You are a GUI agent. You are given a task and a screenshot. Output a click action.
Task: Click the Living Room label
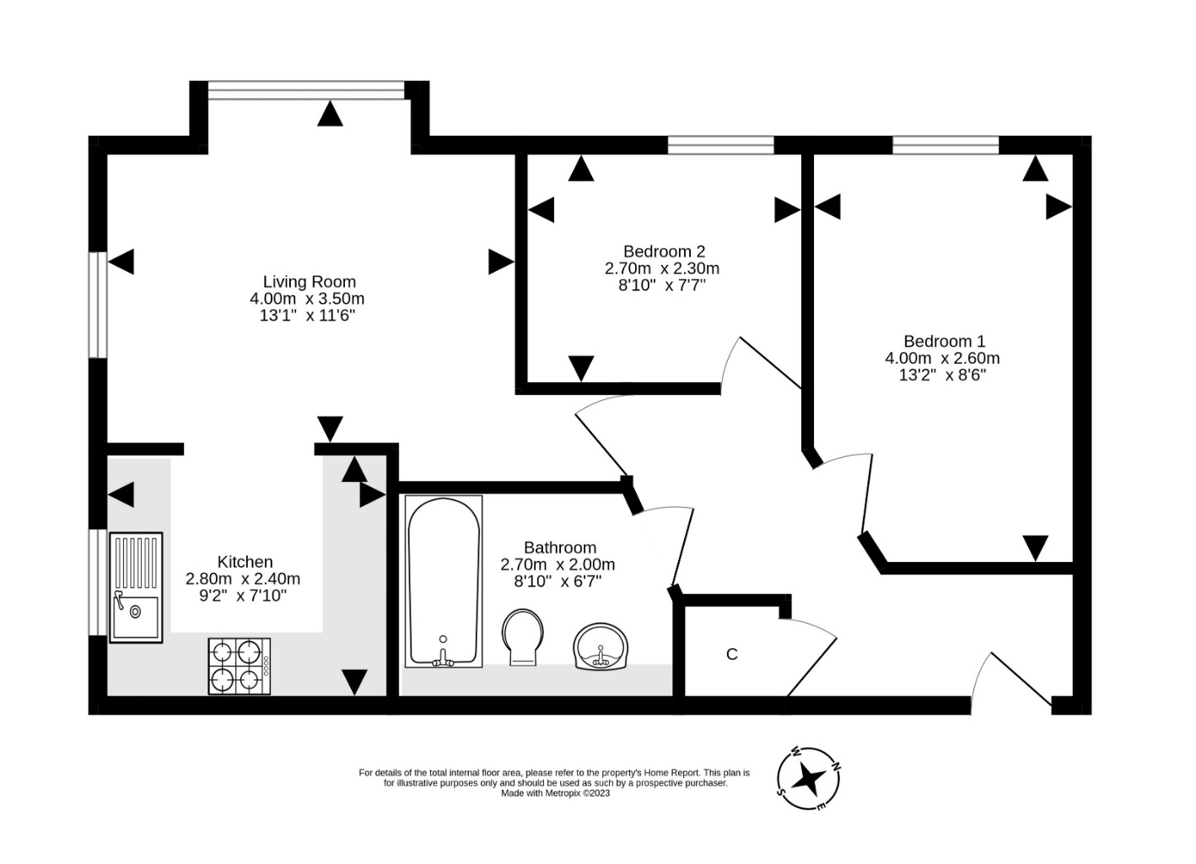pyautogui.click(x=309, y=282)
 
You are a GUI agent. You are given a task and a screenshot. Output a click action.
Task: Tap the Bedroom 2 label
pyautogui.click(x=663, y=251)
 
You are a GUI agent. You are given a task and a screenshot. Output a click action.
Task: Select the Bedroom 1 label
pyautogui.click(x=944, y=342)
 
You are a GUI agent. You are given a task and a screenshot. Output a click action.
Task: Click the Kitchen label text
pyautogui.click(x=245, y=562)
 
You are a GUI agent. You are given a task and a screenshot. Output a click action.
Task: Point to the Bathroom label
pyautogui.click(x=559, y=548)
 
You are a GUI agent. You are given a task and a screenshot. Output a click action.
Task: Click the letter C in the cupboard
pyautogui.click(x=732, y=655)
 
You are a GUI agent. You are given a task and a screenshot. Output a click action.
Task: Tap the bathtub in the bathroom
pyautogui.click(x=444, y=582)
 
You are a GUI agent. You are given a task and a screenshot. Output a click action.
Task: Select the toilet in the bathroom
pyautogui.click(x=523, y=637)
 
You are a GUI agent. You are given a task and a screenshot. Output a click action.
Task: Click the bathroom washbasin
pyautogui.click(x=601, y=648)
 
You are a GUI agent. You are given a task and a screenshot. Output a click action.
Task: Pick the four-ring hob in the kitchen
pyautogui.click(x=240, y=667)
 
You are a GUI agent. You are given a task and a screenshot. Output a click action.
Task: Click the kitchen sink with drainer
pyautogui.click(x=135, y=587)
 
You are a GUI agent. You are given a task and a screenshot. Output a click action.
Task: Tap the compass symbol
pyautogui.click(x=808, y=778)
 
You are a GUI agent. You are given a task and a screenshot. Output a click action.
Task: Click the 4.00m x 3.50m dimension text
pyautogui.click(x=307, y=299)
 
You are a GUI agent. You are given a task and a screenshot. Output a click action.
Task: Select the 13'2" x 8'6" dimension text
pyautogui.click(x=942, y=375)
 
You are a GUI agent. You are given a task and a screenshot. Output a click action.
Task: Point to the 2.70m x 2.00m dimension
pyautogui.click(x=558, y=564)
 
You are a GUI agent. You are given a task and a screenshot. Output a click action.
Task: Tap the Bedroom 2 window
pyautogui.click(x=720, y=145)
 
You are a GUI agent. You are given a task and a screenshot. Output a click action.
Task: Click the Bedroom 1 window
pyautogui.click(x=945, y=145)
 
